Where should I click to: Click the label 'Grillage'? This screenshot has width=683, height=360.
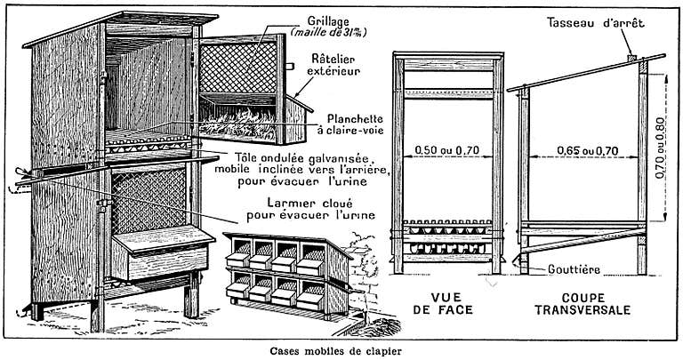click(x=328, y=20)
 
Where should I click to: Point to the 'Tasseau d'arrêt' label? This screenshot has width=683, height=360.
click(x=597, y=22)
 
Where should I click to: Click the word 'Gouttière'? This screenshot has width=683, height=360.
click(x=574, y=270)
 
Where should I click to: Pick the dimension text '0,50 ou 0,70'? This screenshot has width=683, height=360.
click(x=447, y=150)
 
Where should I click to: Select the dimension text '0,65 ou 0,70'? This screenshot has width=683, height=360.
click(x=588, y=150)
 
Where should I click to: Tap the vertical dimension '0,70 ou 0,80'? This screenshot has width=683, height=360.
click(x=661, y=148)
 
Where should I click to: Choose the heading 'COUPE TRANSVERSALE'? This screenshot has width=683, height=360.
click(x=583, y=304)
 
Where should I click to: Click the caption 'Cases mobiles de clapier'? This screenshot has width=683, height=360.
click(x=335, y=350)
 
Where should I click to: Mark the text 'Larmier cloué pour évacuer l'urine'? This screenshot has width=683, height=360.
click(x=310, y=210)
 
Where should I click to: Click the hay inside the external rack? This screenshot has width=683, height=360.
click(x=237, y=121)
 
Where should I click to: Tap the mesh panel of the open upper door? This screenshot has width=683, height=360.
click(x=237, y=68)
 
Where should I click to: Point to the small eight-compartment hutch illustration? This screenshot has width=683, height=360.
click(x=288, y=274)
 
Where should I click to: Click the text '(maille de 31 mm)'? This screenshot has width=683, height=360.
click(x=329, y=33)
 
